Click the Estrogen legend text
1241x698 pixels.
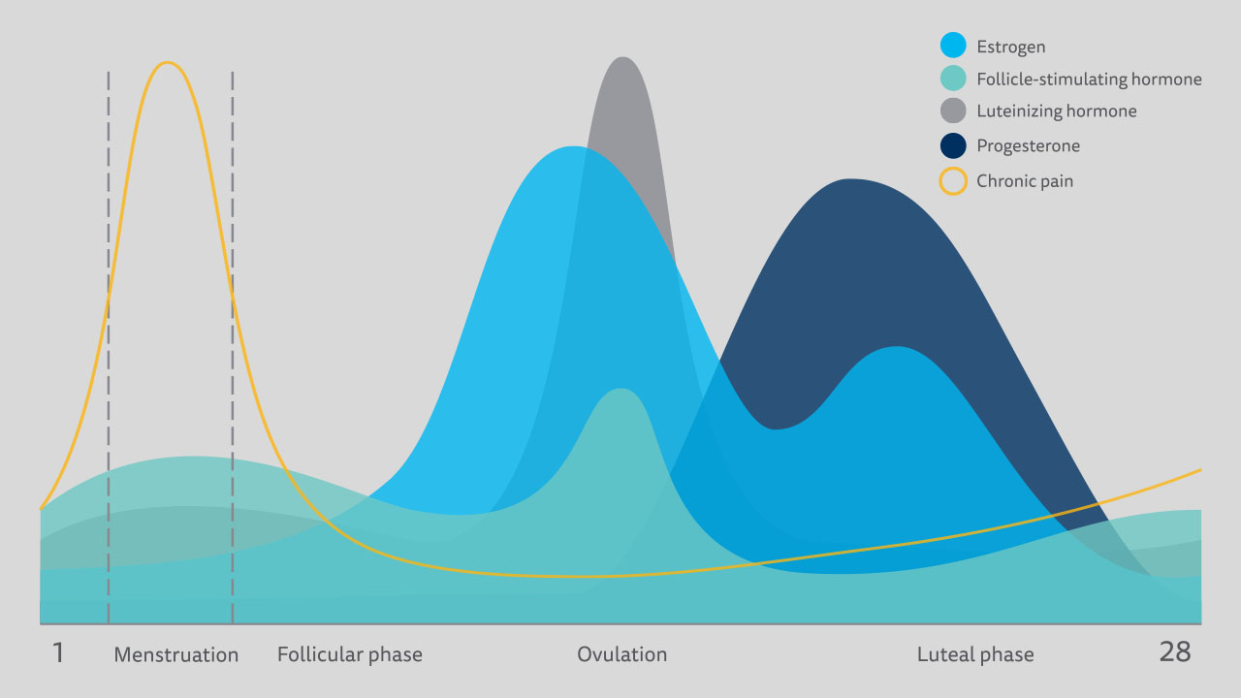coord(1010,47)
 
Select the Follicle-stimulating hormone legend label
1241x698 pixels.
coord(1089,79)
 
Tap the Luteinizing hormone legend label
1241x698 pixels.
coord(1056,111)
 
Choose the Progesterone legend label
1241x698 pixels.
coord(1028,146)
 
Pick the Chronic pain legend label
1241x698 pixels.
coord(1025,181)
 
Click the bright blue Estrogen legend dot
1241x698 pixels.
coord(953,46)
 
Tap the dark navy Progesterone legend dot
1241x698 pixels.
coord(953,146)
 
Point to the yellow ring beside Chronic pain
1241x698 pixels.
coord(953,181)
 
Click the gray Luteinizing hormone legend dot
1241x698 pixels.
coord(953,111)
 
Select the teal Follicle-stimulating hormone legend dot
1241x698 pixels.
coord(953,79)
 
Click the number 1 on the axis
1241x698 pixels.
coord(57,652)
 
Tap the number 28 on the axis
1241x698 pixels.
coord(1174,652)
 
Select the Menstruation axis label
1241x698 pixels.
coord(175,655)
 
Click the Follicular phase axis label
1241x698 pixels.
coord(349,655)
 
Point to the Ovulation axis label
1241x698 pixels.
coord(621,655)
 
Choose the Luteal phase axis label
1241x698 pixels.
coord(974,655)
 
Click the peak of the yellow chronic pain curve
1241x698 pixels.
coord(168,63)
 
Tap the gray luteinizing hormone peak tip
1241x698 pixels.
coord(622,58)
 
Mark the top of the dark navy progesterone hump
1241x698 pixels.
coord(850,180)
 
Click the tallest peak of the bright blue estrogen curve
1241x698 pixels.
coord(574,147)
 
